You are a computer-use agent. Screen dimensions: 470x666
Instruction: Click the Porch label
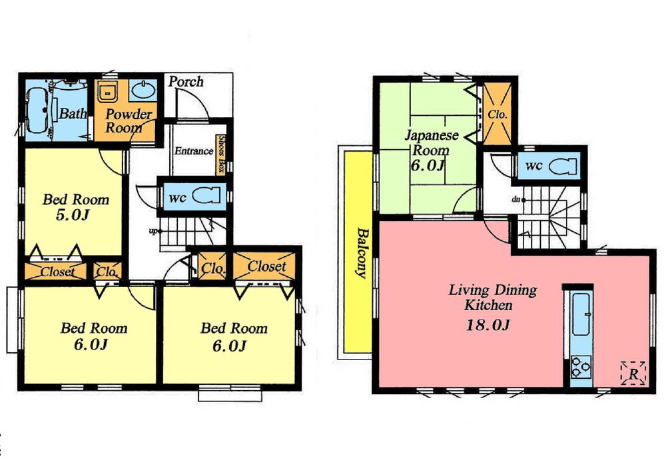185,82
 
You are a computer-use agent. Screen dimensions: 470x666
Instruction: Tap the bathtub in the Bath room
37,109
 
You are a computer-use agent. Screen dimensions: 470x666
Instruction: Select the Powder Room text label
129,121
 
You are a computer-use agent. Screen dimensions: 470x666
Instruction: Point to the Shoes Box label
220,154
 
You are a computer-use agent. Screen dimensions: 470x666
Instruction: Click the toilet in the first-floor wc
204,196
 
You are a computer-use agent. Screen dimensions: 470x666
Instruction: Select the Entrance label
194,151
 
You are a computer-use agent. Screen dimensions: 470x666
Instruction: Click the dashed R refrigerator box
632,373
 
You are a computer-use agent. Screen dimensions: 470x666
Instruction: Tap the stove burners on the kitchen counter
580,365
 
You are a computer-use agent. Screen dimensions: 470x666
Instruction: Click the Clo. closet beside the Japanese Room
498,113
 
